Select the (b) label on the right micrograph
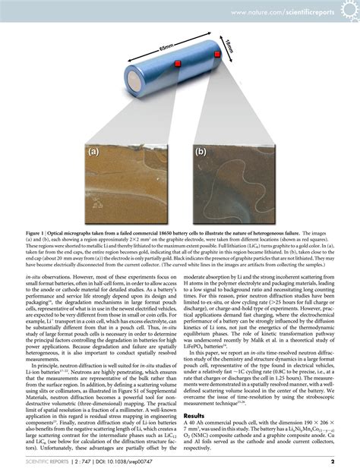[201, 151]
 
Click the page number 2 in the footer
[332, 459]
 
